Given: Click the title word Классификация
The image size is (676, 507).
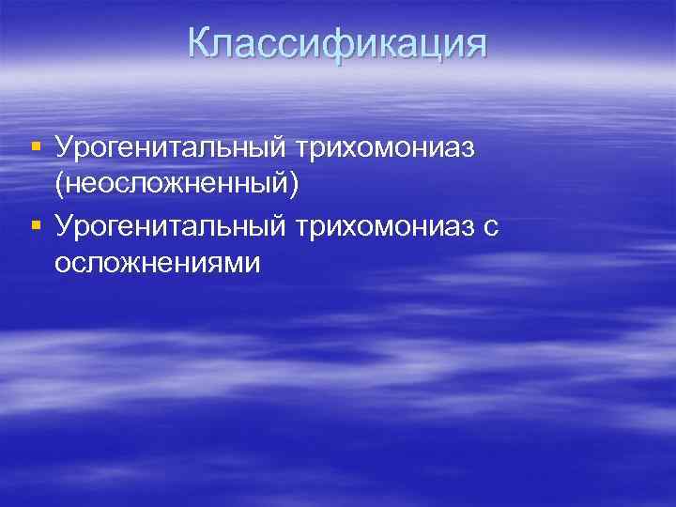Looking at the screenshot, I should (337, 44).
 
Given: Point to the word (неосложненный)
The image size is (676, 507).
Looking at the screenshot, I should (177, 185).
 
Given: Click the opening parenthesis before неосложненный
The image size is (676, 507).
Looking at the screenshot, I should (59, 185).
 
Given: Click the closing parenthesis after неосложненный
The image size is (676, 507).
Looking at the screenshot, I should (294, 185).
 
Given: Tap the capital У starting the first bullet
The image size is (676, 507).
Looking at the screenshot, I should (64, 146).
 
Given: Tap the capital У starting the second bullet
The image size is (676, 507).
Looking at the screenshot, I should (64, 226).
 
